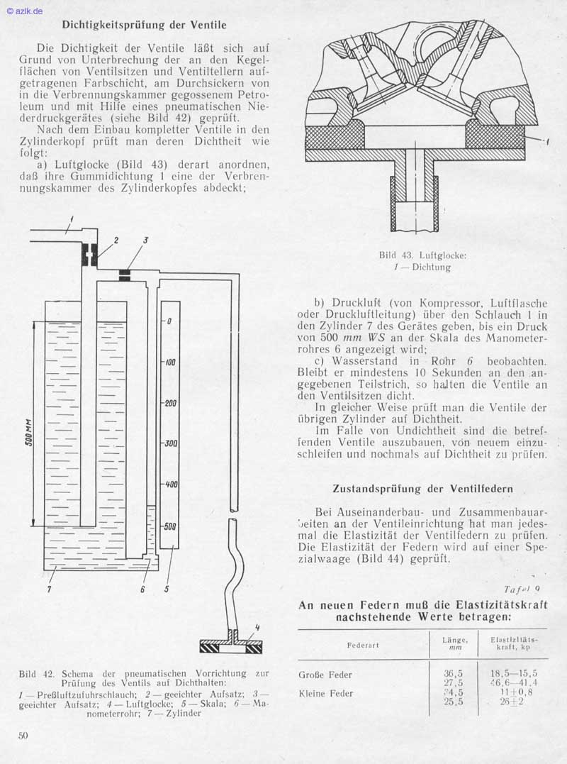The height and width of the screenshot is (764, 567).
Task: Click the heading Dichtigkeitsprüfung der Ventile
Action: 144,25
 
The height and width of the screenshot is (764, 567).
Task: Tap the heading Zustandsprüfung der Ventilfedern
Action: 423,489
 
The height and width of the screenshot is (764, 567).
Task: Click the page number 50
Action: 23,735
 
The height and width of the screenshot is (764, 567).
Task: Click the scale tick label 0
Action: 170,321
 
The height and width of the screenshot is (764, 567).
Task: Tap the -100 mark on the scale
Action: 169,362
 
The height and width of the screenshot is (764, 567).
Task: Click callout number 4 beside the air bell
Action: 257,627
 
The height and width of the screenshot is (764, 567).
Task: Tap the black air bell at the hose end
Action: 231,646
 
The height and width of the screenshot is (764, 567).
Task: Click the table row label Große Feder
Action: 325,675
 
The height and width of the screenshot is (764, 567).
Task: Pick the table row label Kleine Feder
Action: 325,693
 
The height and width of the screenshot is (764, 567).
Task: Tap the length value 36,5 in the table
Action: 454,674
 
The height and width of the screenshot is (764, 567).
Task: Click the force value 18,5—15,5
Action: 514,674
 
